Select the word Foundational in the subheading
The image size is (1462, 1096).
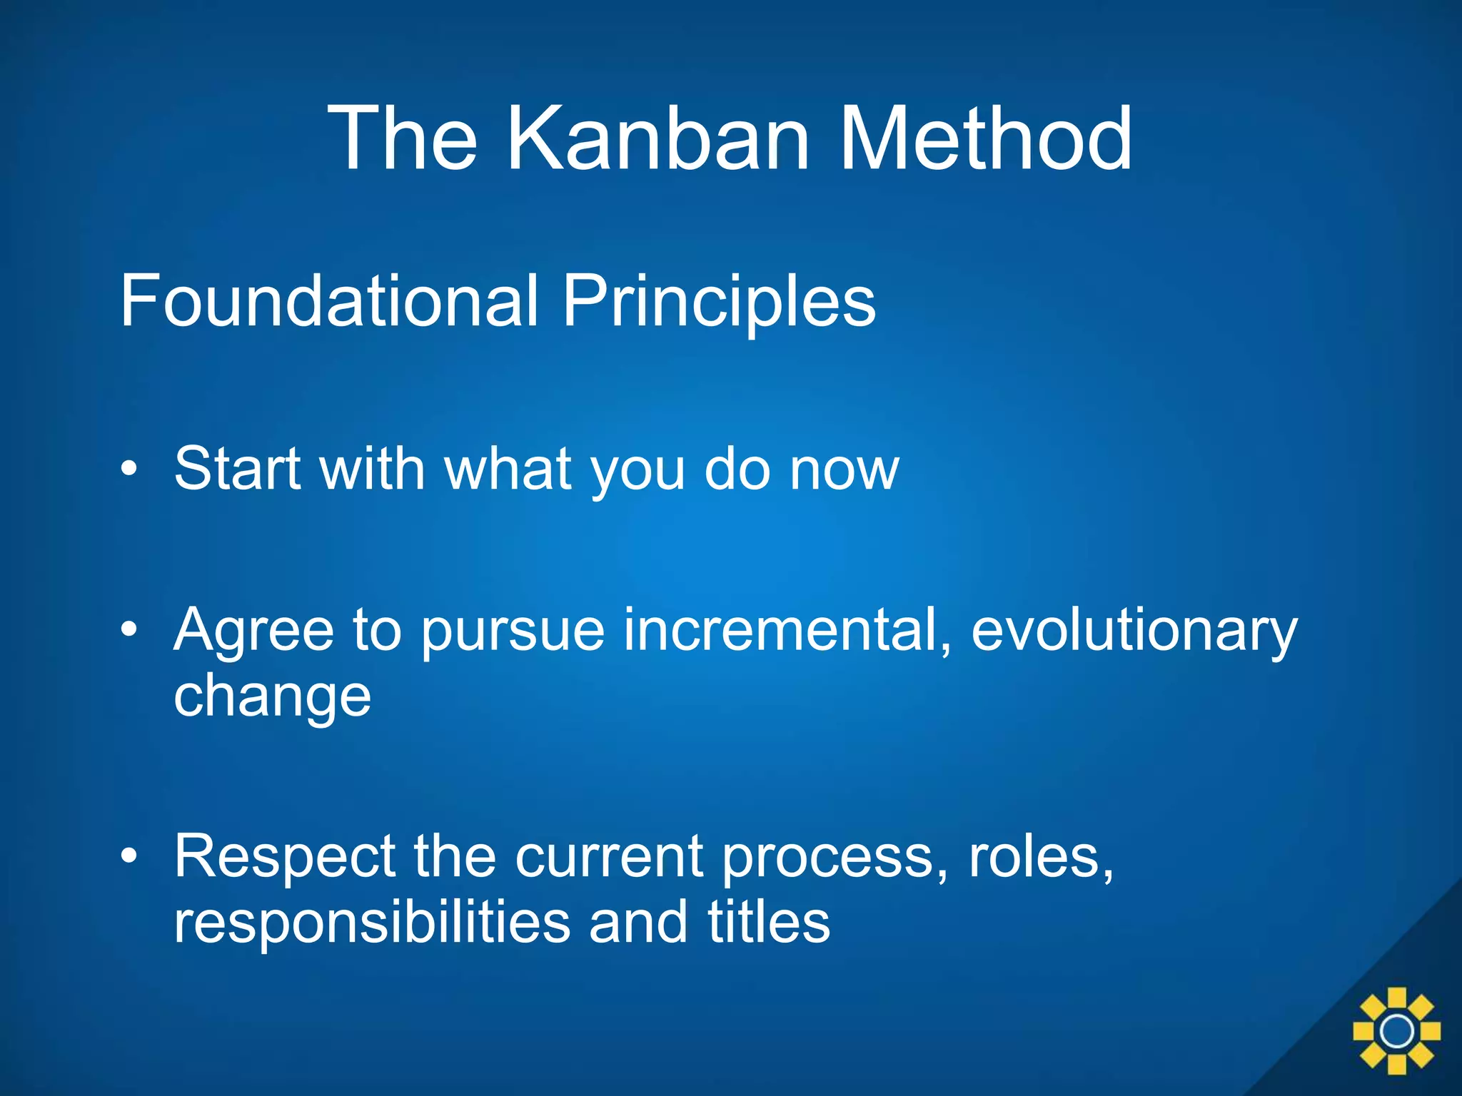(x=328, y=301)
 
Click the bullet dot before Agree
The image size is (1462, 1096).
(x=128, y=630)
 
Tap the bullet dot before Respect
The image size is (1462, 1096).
(x=128, y=856)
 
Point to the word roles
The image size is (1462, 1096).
(x=1040, y=856)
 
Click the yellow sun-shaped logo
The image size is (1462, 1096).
(x=1396, y=1031)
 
